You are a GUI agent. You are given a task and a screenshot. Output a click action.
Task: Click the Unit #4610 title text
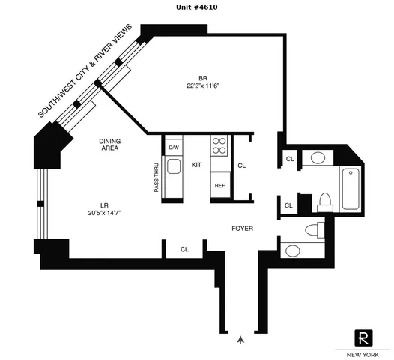[x=197, y=6]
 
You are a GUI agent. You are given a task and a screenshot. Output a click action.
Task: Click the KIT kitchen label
[x=196, y=164]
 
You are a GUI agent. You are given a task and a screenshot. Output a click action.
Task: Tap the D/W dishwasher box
[x=173, y=147]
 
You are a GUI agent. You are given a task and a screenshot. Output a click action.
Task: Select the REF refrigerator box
[x=220, y=185]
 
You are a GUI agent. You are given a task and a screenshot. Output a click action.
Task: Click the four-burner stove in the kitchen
[x=220, y=145]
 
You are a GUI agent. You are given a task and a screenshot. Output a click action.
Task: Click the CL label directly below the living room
[x=184, y=249]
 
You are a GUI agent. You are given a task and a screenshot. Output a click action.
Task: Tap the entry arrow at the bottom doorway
[x=240, y=339]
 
